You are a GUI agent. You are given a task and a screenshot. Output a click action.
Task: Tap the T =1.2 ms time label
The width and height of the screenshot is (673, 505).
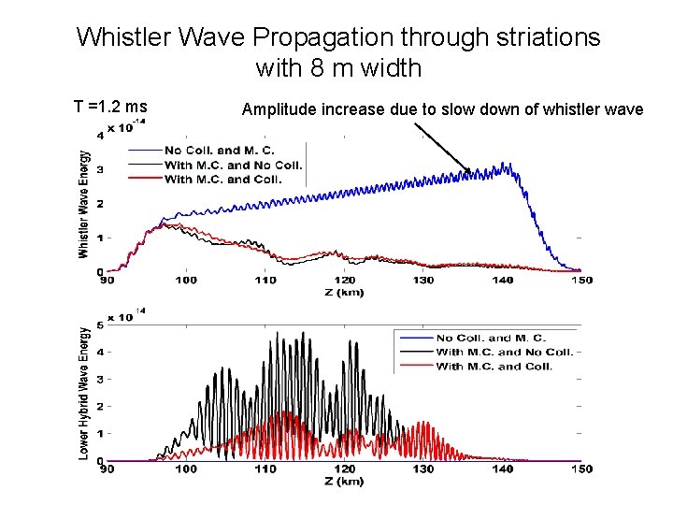point(110,108)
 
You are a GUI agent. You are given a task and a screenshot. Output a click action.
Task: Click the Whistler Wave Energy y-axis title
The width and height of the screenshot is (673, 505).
point(84,204)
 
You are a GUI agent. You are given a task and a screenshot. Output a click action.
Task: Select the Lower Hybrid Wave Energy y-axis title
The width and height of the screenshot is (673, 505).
point(84,393)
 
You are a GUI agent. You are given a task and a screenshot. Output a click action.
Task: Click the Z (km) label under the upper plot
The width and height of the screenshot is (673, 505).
point(345,292)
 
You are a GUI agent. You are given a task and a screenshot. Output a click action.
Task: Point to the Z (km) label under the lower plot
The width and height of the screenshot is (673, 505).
point(345,481)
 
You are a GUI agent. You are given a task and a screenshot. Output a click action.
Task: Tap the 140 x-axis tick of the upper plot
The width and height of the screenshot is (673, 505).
point(503,281)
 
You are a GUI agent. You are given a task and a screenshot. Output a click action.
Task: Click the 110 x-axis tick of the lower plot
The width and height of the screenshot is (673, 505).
point(265,469)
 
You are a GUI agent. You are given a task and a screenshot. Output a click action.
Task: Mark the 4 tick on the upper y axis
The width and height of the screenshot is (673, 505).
point(100,137)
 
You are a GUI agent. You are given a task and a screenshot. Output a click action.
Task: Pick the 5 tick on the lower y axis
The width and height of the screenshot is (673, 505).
point(100,326)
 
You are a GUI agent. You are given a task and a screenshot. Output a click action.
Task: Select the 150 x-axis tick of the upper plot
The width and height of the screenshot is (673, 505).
point(580,281)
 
